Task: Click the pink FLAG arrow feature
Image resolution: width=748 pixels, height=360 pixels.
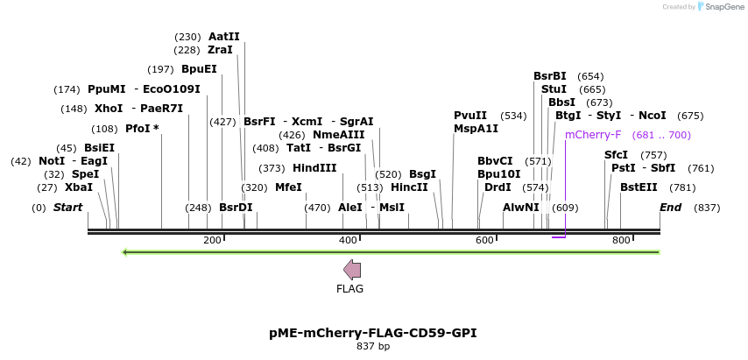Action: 352,270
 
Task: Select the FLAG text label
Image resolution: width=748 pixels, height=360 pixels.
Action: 349,289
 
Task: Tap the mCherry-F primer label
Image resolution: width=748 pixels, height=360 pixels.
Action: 593,135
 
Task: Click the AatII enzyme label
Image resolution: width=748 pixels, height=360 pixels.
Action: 223,37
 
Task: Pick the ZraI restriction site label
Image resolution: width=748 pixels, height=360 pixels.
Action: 220,50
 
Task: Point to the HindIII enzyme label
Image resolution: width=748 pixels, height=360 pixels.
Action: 314,168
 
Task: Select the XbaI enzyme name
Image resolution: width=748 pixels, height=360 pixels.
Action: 79,187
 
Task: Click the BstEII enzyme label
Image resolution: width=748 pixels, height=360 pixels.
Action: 639,187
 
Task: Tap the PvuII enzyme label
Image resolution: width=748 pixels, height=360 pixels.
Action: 470,116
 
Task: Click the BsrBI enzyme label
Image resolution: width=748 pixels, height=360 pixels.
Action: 550,76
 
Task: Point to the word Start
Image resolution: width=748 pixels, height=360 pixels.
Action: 67,208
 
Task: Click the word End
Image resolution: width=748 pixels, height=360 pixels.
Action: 670,208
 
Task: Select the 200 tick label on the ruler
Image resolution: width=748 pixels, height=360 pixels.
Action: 212,240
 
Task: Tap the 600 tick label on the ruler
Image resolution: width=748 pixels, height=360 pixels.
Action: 484,240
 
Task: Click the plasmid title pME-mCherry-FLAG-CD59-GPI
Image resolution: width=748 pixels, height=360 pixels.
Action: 373,333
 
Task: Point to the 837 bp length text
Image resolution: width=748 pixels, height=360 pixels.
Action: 373,347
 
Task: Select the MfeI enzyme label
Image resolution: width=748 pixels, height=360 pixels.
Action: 288,187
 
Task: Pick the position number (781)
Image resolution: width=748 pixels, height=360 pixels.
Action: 682,187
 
